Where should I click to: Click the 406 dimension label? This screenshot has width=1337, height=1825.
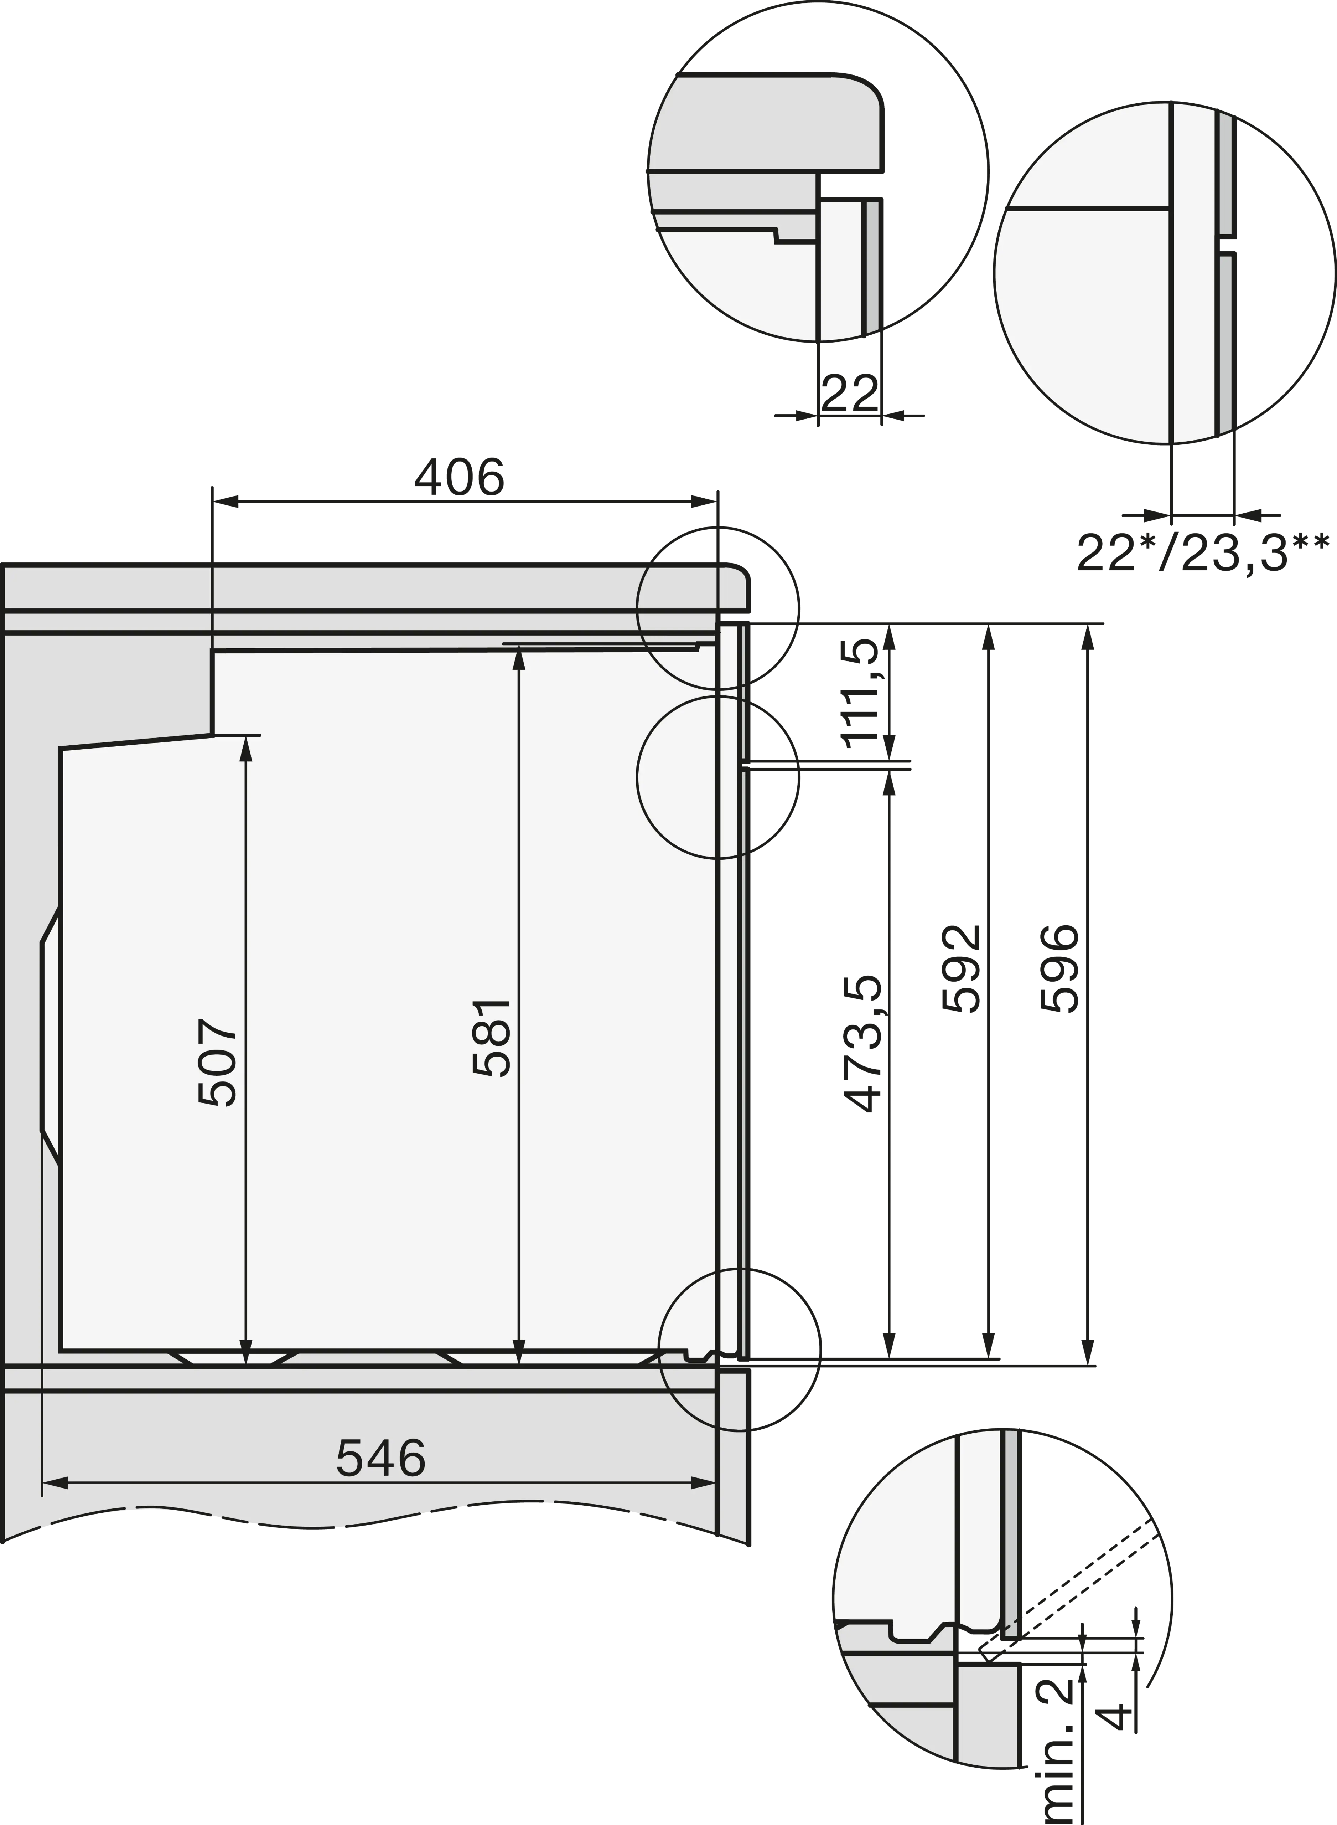tap(459, 478)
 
